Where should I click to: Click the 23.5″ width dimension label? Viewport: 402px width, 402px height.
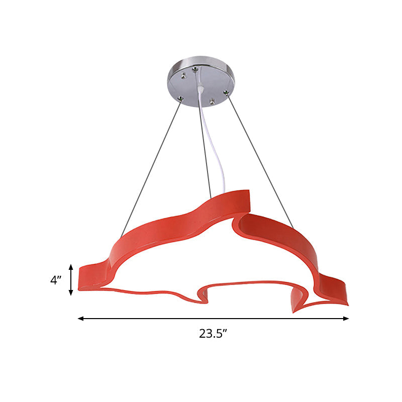point(213,334)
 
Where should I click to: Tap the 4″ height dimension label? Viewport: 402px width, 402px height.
point(56,280)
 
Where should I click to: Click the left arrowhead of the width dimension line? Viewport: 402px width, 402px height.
point(81,319)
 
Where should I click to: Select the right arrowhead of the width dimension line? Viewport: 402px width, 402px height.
point(346,319)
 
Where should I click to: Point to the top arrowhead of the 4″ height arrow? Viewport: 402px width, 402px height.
point(71,267)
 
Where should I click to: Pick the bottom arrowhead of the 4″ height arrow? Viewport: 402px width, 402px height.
point(71,292)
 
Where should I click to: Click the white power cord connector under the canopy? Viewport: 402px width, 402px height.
point(201,89)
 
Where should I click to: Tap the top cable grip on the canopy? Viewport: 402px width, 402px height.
point(195,69)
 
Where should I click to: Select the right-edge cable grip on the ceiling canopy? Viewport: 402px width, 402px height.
point(226,92)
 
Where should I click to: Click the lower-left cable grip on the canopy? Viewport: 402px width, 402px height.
point(180,98)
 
